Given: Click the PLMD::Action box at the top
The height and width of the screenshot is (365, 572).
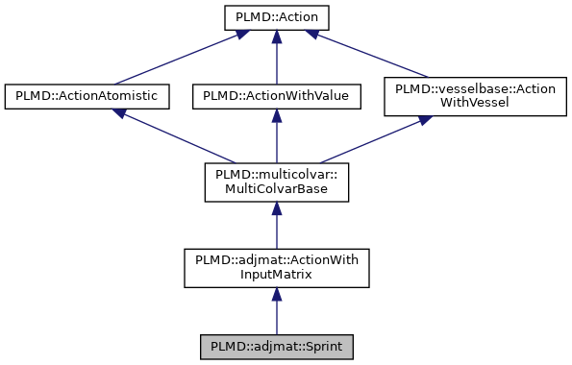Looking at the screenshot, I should click(x=276, y=18).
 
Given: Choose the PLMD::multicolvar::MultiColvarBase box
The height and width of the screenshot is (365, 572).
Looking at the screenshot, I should click(x=276, y=182).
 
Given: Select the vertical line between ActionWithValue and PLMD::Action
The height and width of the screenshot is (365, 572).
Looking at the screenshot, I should click(x=276, y=60).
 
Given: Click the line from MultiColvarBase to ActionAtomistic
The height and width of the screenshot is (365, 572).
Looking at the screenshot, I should click(x=178, y=137).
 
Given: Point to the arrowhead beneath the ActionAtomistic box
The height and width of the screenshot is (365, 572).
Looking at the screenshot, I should click(x=120, y=112).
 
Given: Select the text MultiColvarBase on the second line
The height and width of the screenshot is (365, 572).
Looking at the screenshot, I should click(x=276, y=189).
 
